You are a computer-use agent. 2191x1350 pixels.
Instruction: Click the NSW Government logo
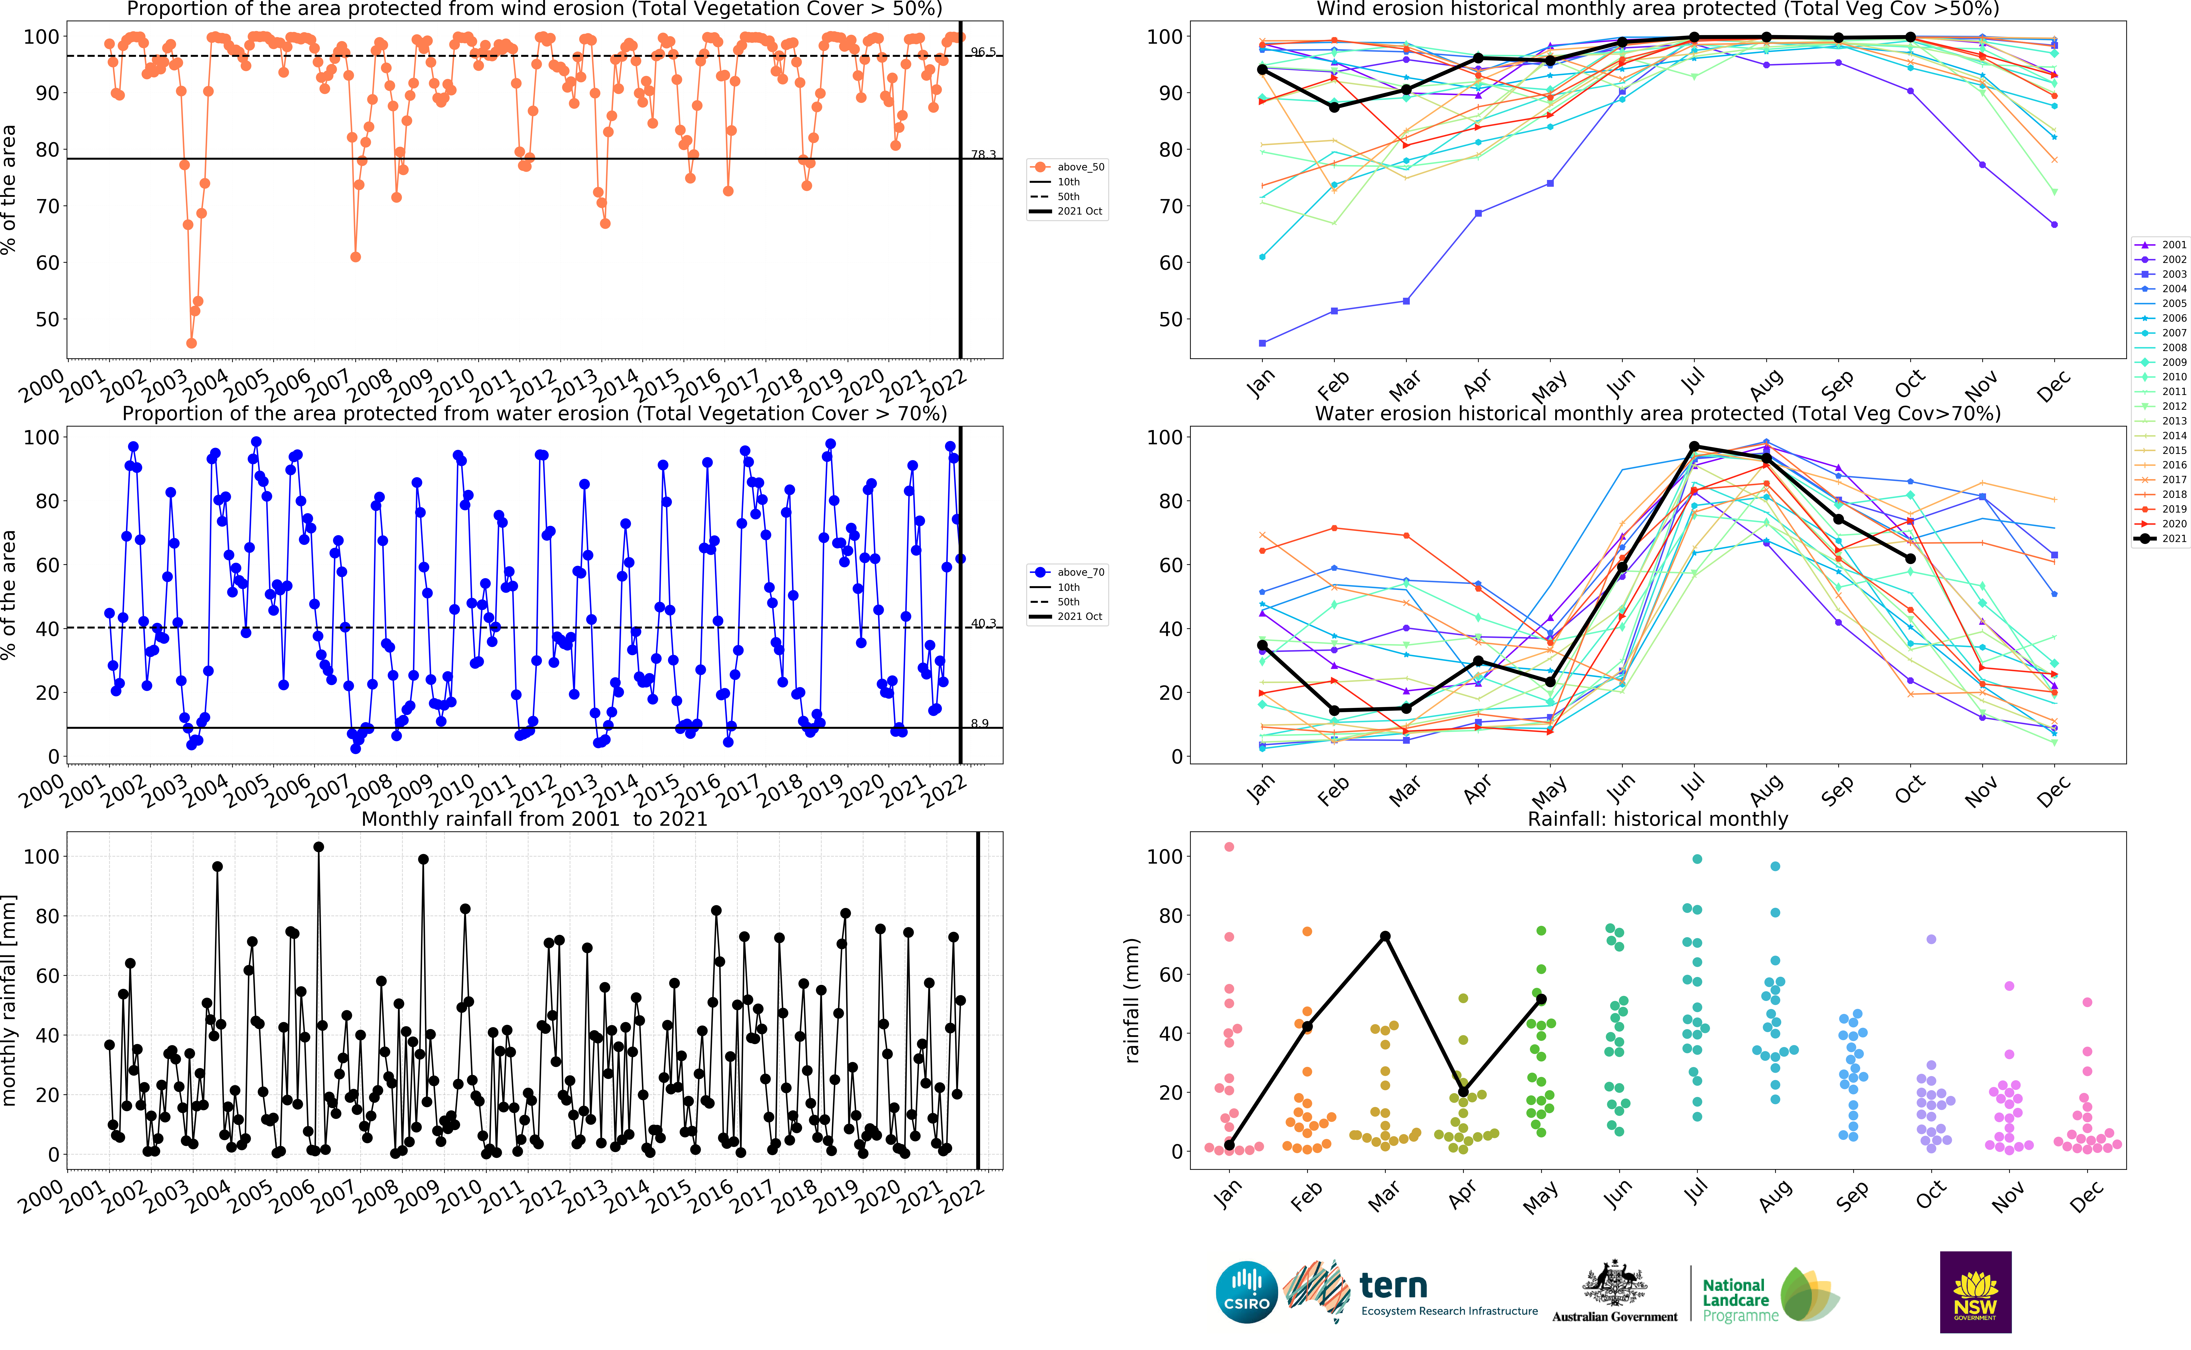click(x=1975, y=1291)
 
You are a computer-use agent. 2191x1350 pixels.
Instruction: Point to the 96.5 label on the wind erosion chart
click(x=983, y=52)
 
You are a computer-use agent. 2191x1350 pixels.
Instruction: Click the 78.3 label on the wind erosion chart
click(x=983, y=154)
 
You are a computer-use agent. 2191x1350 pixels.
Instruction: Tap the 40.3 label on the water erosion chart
click(x=983, y=623)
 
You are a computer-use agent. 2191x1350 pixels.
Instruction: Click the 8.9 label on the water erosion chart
click(x=979, y=723)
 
